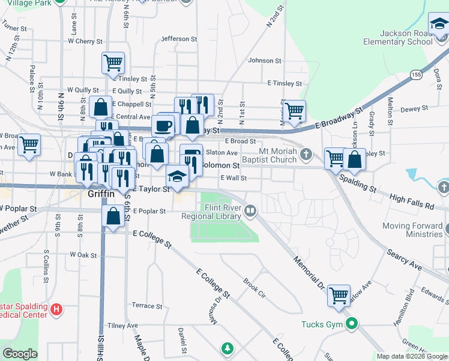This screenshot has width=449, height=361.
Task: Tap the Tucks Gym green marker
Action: [353, 324]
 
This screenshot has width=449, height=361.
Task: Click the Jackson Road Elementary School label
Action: [397, 38]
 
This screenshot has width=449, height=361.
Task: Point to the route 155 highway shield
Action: [416, 73]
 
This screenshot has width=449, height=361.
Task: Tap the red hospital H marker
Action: [56, 310]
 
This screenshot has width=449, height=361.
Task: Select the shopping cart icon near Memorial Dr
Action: [339, 295]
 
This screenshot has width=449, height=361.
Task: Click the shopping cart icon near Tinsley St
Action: [113, 63]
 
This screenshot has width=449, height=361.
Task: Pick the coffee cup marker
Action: [163, 126]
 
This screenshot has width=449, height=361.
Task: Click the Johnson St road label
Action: [265, 61]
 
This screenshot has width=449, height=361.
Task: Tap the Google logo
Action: [20, 354]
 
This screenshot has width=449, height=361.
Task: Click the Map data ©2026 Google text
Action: [412, 356]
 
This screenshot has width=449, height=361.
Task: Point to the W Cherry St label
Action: [85, 42]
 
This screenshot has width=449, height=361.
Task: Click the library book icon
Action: [250, 211]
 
